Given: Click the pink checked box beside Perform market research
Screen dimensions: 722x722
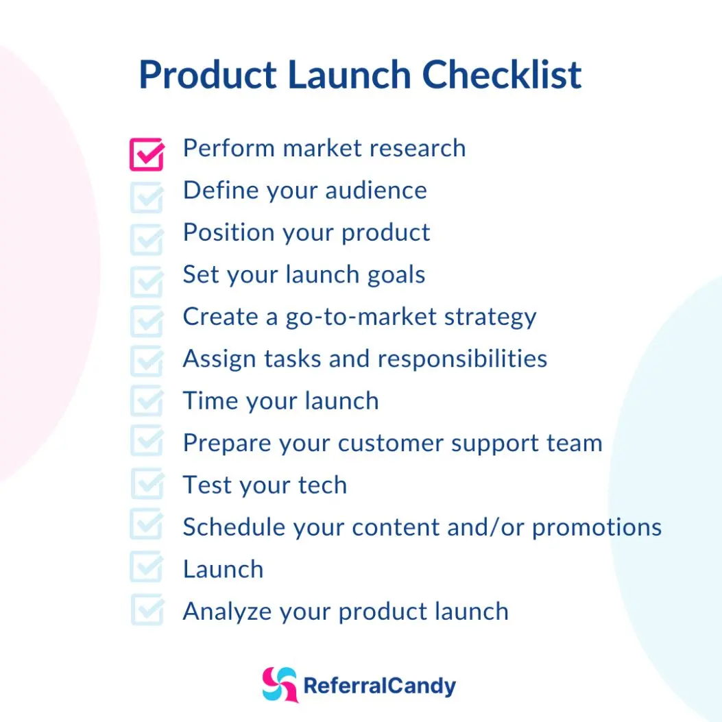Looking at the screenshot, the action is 147,155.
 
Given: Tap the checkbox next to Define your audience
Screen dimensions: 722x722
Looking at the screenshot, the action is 147,197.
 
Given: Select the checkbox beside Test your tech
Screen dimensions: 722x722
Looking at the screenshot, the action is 147,483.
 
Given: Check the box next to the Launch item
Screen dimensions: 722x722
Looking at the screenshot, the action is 147,566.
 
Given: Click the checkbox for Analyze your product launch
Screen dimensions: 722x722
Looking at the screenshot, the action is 147,610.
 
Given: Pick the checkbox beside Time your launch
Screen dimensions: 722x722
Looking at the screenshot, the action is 147,400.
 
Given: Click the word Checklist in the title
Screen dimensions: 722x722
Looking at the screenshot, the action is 501,75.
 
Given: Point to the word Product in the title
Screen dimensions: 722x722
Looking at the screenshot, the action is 208,75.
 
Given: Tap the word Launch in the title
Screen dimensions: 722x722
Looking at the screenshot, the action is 349,75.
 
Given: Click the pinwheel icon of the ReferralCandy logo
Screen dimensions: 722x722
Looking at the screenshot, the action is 280,685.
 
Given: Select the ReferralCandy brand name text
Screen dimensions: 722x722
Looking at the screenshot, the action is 380,686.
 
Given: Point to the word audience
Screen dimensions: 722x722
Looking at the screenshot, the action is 376,191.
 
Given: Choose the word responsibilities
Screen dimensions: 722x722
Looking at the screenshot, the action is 462,359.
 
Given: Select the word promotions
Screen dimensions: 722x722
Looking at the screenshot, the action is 597,528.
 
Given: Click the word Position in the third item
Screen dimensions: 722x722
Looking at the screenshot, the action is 229,232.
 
